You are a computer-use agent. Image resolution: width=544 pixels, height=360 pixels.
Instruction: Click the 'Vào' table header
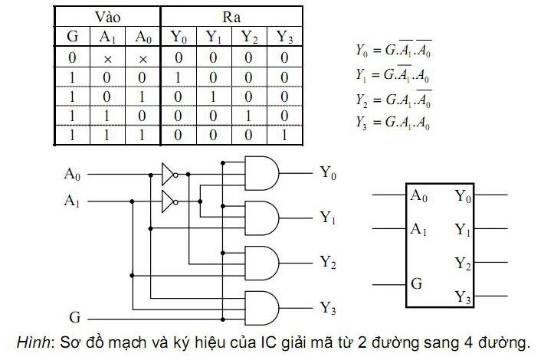point(107,16)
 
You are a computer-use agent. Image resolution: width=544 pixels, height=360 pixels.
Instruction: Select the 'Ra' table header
point(231,16)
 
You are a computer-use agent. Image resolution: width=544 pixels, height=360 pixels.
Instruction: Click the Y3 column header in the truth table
point(283,36)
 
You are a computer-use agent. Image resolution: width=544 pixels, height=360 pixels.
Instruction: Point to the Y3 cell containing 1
point(283,135)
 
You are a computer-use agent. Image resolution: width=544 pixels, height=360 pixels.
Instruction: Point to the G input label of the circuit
point(74,316)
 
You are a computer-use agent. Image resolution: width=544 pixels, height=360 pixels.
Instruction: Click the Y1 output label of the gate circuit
point(328,218)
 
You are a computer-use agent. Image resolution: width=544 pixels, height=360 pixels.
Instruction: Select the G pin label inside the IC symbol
point(417,284)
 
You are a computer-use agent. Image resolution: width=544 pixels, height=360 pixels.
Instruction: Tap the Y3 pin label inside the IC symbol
point(463,296)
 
